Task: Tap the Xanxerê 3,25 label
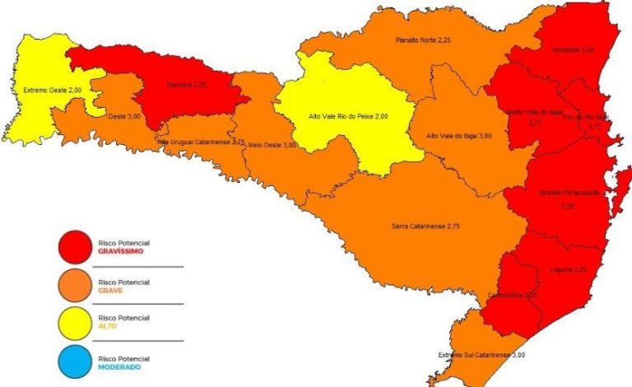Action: [188, 84]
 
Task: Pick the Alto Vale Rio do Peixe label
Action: [347, 116]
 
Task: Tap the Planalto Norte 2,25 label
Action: [423, 40]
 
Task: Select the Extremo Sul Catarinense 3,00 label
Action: [481, 355]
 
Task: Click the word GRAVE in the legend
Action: [110, 290]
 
